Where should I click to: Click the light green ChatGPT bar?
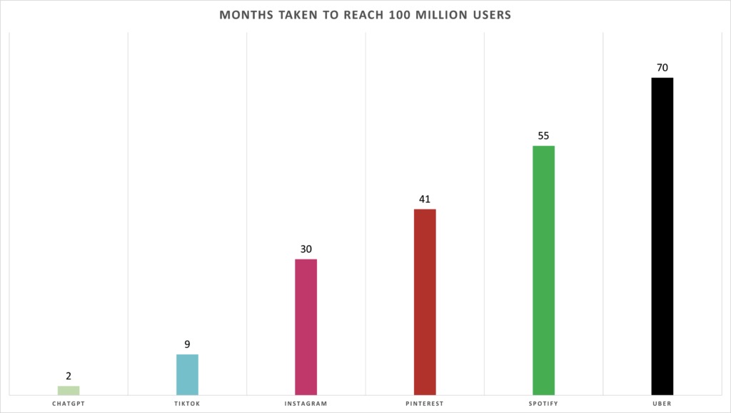69,389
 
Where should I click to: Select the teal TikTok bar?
187,374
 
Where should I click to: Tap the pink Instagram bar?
306,326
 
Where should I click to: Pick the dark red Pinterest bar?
425,301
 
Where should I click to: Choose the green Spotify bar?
543,269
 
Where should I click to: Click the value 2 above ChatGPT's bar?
69,376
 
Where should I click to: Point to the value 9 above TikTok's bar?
187,344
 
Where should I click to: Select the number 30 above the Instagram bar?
306,249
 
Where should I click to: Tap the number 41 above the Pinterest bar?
425,199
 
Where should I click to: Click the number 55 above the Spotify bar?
543,136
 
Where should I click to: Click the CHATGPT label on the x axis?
69,404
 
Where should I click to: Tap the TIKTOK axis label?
187,404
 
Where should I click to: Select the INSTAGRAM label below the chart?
306,404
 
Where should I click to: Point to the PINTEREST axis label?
425,404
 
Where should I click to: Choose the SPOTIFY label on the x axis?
543,404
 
